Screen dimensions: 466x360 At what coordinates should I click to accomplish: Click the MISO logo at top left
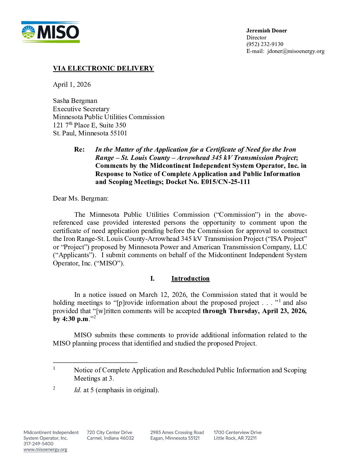point(50,32)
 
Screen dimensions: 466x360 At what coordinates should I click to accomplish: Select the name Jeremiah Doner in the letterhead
point(266,30)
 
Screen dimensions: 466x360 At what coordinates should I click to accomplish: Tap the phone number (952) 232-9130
point(265,44)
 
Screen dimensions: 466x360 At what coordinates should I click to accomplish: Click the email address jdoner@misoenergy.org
point(296,51)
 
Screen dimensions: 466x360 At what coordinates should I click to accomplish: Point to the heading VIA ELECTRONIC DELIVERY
point(103,68)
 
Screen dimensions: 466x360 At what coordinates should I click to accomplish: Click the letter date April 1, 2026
point(72,84)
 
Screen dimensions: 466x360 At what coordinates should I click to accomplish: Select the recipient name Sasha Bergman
point(75,101)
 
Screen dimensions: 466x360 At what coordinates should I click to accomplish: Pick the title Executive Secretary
point(81,109)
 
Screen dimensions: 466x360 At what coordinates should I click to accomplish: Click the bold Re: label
point(79,149)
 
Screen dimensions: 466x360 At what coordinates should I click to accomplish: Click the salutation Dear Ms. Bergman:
point(81,198)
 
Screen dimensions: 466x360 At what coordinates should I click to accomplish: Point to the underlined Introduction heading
point(190,278)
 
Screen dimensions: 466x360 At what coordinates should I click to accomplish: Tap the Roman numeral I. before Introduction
point(152,278)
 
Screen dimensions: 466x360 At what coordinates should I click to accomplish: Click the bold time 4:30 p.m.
point(75,319)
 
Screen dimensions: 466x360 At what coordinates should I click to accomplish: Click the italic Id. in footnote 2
point(78,390)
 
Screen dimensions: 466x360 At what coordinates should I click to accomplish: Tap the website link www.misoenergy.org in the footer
point(45,449)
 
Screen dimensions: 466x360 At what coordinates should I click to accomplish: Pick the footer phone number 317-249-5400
point(38,443)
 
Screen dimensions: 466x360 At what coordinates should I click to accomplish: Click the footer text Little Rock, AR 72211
point(235,438)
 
